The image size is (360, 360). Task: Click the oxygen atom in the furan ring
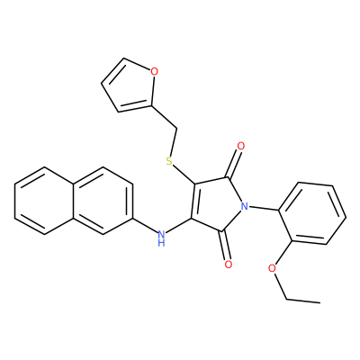(154, 72)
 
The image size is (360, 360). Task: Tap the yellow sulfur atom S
(169, 161)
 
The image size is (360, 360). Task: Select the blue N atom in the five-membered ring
(245, 206)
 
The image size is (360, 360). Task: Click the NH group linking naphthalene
(161, 237)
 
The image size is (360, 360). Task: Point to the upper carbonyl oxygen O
(241, 147)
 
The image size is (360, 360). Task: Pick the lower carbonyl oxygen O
(229, 265)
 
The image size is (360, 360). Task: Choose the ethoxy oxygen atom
(272, 268)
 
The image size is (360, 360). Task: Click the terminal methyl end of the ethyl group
(319, 302)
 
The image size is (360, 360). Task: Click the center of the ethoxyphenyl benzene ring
(312, 212)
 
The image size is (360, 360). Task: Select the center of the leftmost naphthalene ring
(44, 201)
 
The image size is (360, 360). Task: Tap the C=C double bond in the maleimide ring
(193, 202)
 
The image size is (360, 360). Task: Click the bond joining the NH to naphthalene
(144, 225)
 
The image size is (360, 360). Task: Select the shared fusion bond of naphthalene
(74, 201)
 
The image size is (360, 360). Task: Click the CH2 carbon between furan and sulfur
(176, 129)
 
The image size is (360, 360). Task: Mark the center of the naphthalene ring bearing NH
(103, 201)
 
